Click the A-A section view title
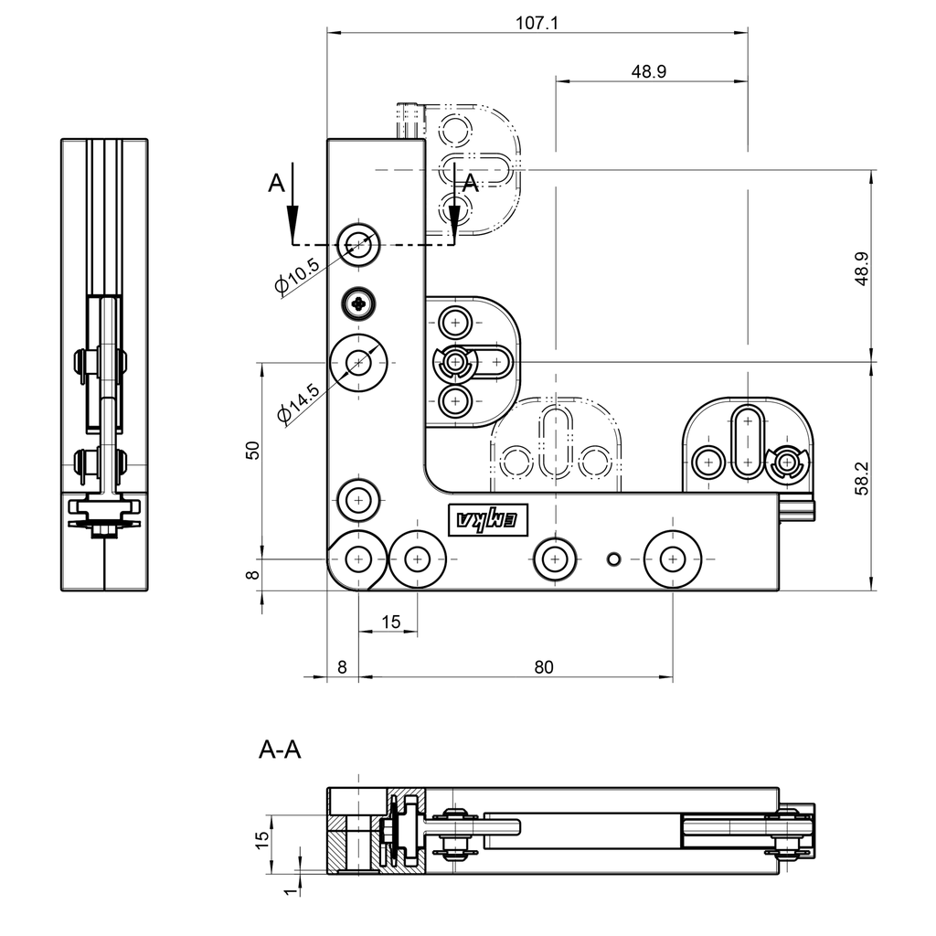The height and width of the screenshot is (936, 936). [x=281, y=750]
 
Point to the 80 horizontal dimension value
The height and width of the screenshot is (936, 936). [x=543, y=668]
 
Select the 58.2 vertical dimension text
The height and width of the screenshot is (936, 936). [x=860, y=477]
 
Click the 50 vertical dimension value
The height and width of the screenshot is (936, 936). [x=253, y=449]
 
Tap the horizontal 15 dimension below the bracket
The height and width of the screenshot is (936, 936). [x=390, y=622]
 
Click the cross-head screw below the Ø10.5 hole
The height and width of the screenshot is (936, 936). [x=359, y=303]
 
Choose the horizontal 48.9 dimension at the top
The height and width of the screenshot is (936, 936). [x=648, y=71]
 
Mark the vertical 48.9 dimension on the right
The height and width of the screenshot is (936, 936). [x=860, y=270]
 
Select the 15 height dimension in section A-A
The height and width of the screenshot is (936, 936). [x=261, y=839]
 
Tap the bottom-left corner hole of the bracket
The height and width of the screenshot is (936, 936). [x=358, y=557]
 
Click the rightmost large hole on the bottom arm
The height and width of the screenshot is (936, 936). [x=673, y=557]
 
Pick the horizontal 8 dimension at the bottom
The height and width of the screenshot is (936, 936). [x=342, y=668]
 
